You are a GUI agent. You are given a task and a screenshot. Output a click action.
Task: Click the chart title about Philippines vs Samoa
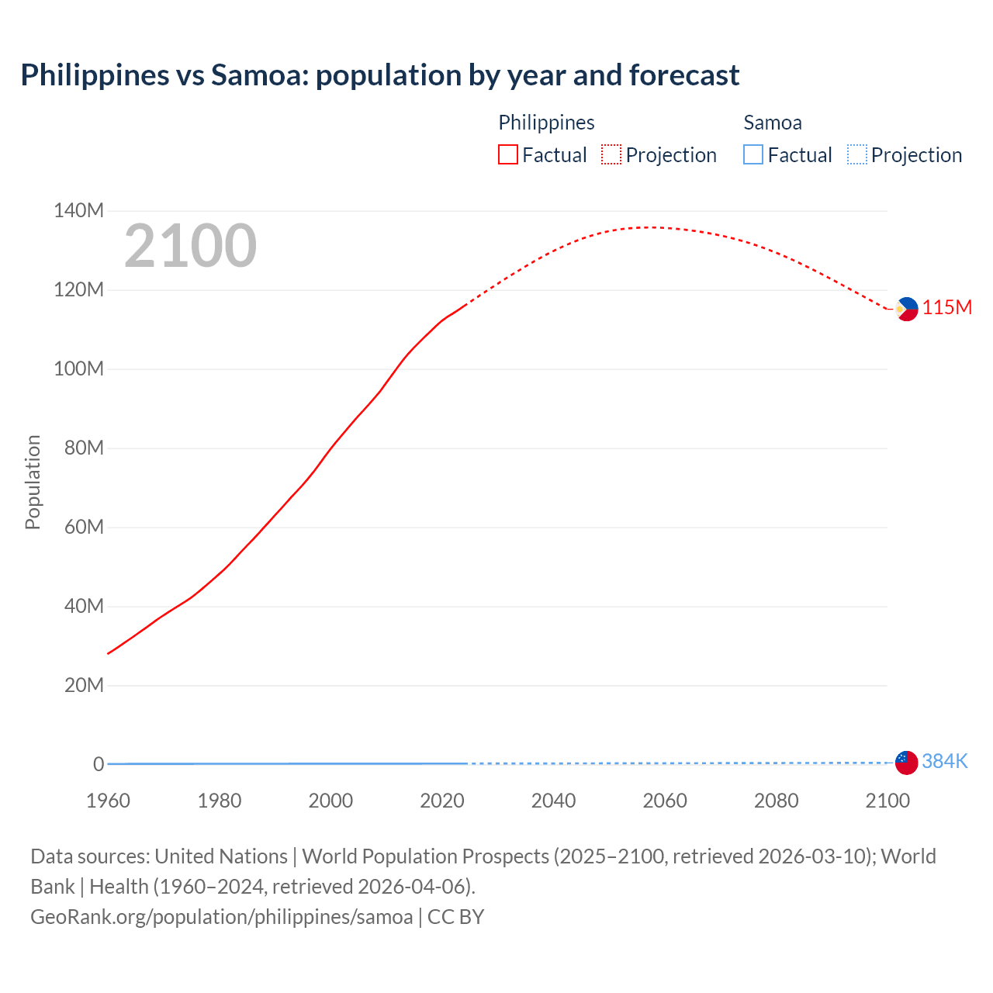pyautogui.click(x=379, y=75)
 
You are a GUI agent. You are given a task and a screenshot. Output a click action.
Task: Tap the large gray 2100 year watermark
pyautogui.click(x=190, y=246)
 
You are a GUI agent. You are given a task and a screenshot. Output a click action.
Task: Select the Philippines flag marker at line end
pyautogui.click(x=906, y=309)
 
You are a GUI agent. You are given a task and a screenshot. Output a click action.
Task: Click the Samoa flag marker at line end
pyautogui.click(x=906, y=762)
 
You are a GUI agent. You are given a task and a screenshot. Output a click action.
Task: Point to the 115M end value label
pyautogui.click(x=946, y=308)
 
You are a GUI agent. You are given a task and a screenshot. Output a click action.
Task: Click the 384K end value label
pyautogui.click(x=944, y=761)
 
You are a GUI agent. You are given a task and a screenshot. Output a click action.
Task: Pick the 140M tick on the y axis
pyautogui.click(x=78, y=210)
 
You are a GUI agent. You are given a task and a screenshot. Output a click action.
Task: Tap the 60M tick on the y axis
pyautogui.click(x=78, y=527)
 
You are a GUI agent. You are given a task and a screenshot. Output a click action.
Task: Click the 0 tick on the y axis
pyautogui.click(x=99, y=764)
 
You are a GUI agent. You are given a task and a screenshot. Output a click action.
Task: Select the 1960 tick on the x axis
pyautogui.click(x=108, y=801)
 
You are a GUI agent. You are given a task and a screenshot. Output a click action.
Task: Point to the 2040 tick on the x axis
pyautogui.click(x=553, y=801)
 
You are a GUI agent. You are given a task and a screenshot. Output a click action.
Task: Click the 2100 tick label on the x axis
pyautogui.click(x=887, y=801)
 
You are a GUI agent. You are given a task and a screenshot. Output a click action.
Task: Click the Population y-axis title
pyautogui.click(x=33, y=482)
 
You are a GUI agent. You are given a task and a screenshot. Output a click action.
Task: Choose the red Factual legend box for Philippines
pyautogui.click(x=508, y=155)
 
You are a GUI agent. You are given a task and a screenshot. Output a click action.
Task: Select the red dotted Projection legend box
pyautogui.click(x=611, y=155)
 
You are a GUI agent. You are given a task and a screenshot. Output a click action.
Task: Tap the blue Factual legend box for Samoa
pyautogui.click(x=753, y=155)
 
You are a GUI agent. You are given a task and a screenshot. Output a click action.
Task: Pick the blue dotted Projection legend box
pyautogui.click(x=856, y=155)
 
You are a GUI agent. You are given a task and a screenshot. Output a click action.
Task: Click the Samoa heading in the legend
pyautogui.click(x=772, y=123)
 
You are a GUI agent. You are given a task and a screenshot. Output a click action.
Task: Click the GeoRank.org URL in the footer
pyautogui.click(x=221, y=917)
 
